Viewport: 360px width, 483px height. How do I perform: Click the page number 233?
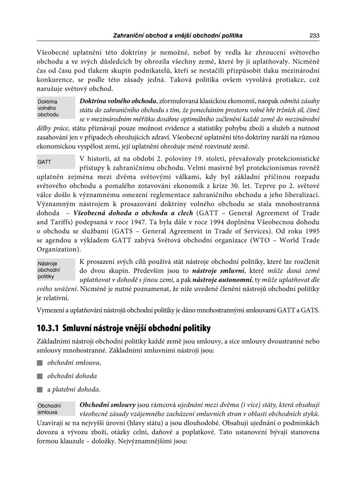(x=315, y=35)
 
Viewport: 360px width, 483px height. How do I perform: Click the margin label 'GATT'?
(x=44, y=162)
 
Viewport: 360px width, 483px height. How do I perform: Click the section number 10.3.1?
(x=55, y=328)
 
